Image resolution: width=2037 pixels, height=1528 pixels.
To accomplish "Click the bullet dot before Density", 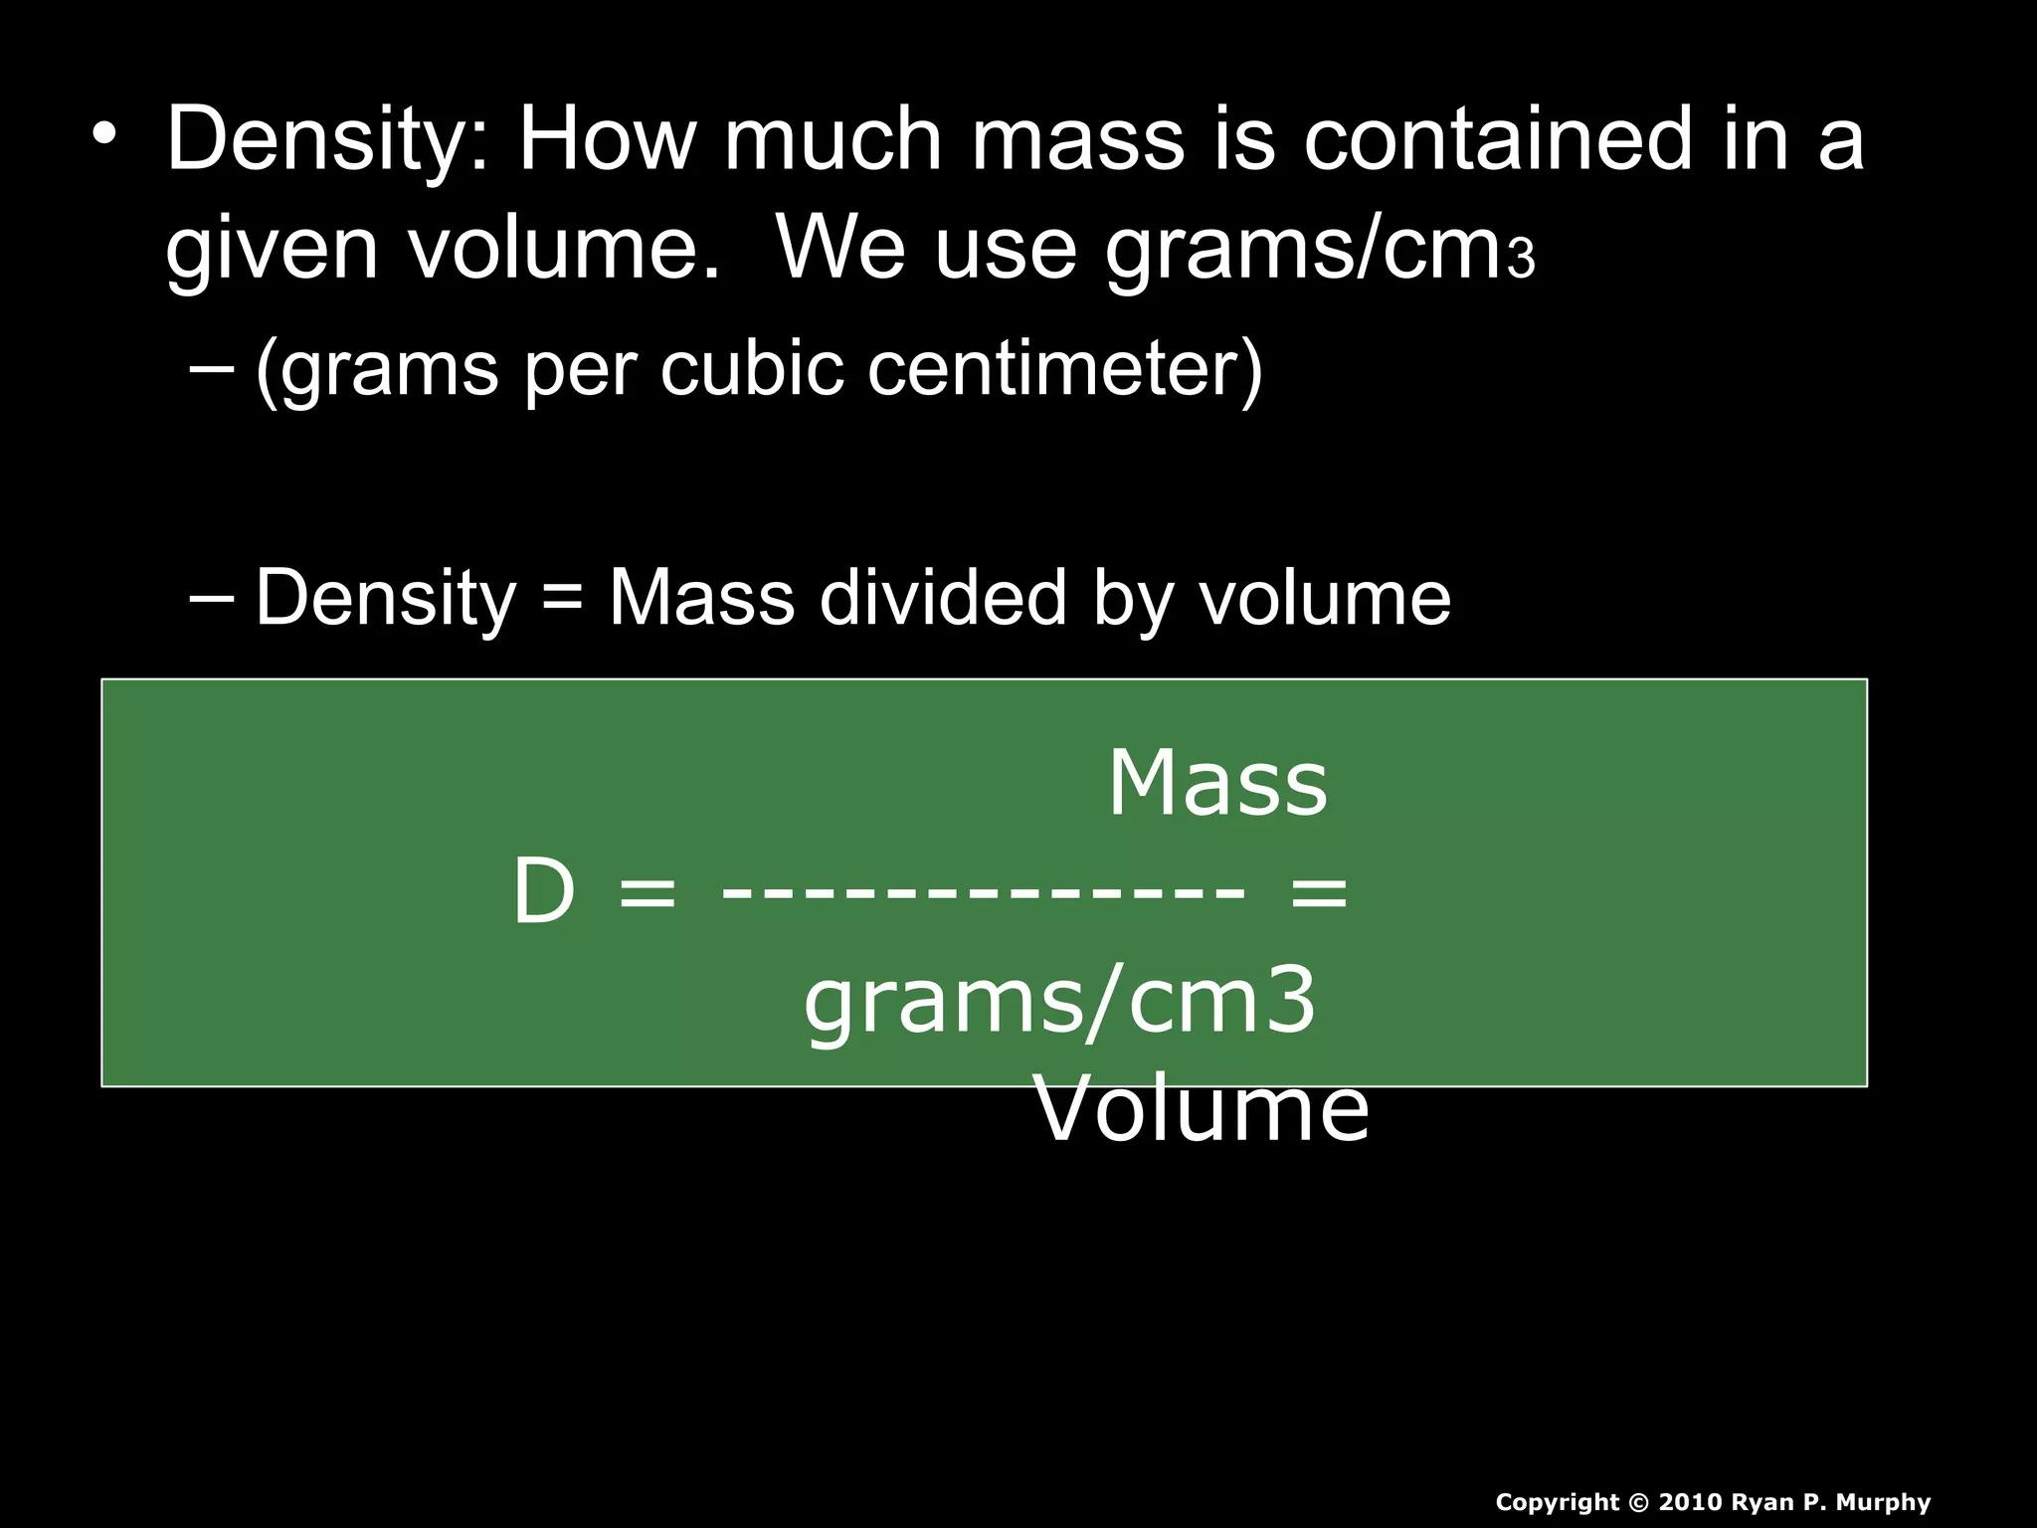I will pyautogui.click(x=104, y=133).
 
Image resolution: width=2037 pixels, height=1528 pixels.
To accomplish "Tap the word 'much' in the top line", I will pyautogui.click(x=832, y=139).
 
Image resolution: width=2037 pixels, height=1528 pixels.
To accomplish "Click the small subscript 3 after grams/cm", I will pyautogui.click(x=1522, y=261).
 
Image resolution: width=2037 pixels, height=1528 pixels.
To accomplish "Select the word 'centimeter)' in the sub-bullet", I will pyautogui.click(x=1064, y=370).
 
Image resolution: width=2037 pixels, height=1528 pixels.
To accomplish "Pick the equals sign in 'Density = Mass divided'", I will pyautogui.click(x=563, y=600).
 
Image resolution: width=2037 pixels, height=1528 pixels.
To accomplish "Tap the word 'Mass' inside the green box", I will pyautogui.click(x=1217, y=784).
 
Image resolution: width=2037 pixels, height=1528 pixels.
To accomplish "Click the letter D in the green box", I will pyautogui.click(x=543, y=892).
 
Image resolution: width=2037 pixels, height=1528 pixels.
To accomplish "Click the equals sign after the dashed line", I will pyautogui.click(x=1319, y=892).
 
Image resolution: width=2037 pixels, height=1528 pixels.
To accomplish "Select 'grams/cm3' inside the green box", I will pyautogui.click(x=1060, y=1003).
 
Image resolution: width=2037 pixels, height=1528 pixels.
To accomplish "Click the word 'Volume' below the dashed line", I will pyautogui.click(x=1202, y=1111).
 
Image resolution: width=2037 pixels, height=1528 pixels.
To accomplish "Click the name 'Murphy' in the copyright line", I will pyautogui.click(x=1883, y=1503).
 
